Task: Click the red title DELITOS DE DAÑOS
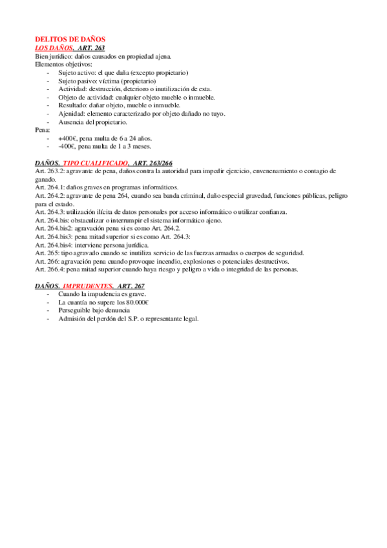pyautogui.click(x=70, y=40)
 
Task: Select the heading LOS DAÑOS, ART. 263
pyautogui.click(x=70, y=48)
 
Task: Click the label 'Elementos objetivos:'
pyautogui.click(x=63, y=65)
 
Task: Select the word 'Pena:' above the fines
pyautogui.click(x=42, y=130)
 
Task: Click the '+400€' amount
pyautogui.click(x=67, y=138)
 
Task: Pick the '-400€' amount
pyautogui.click(x=66, y=146)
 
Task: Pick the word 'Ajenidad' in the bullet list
pyautogui.click(x=70, y=114)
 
